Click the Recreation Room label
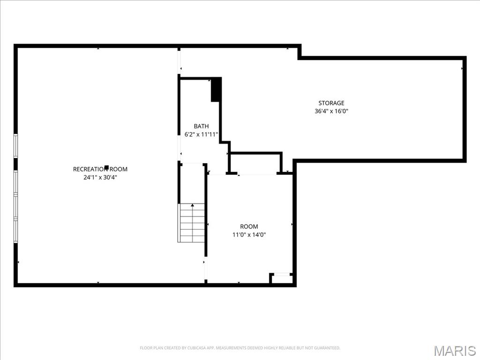tap(100, 169)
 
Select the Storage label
tap(331, 103)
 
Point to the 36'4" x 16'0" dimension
tap(331, 112)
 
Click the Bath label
tap(201, 126)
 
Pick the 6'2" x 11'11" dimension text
tap(201, 135)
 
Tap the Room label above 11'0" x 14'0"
tap(249, 226)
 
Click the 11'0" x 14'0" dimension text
tap(249, 235)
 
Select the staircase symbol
tap(192, 223)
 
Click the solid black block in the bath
tap(216, 90)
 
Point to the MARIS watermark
tap(455, 351)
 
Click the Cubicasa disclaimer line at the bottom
tap(240, 348)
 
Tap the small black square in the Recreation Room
tap(107, 167)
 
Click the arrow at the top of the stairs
tap(192, 205)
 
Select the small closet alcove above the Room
tap(256, 163)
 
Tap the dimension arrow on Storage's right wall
tap(462, 68)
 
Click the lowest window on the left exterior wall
tap(15, 231)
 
